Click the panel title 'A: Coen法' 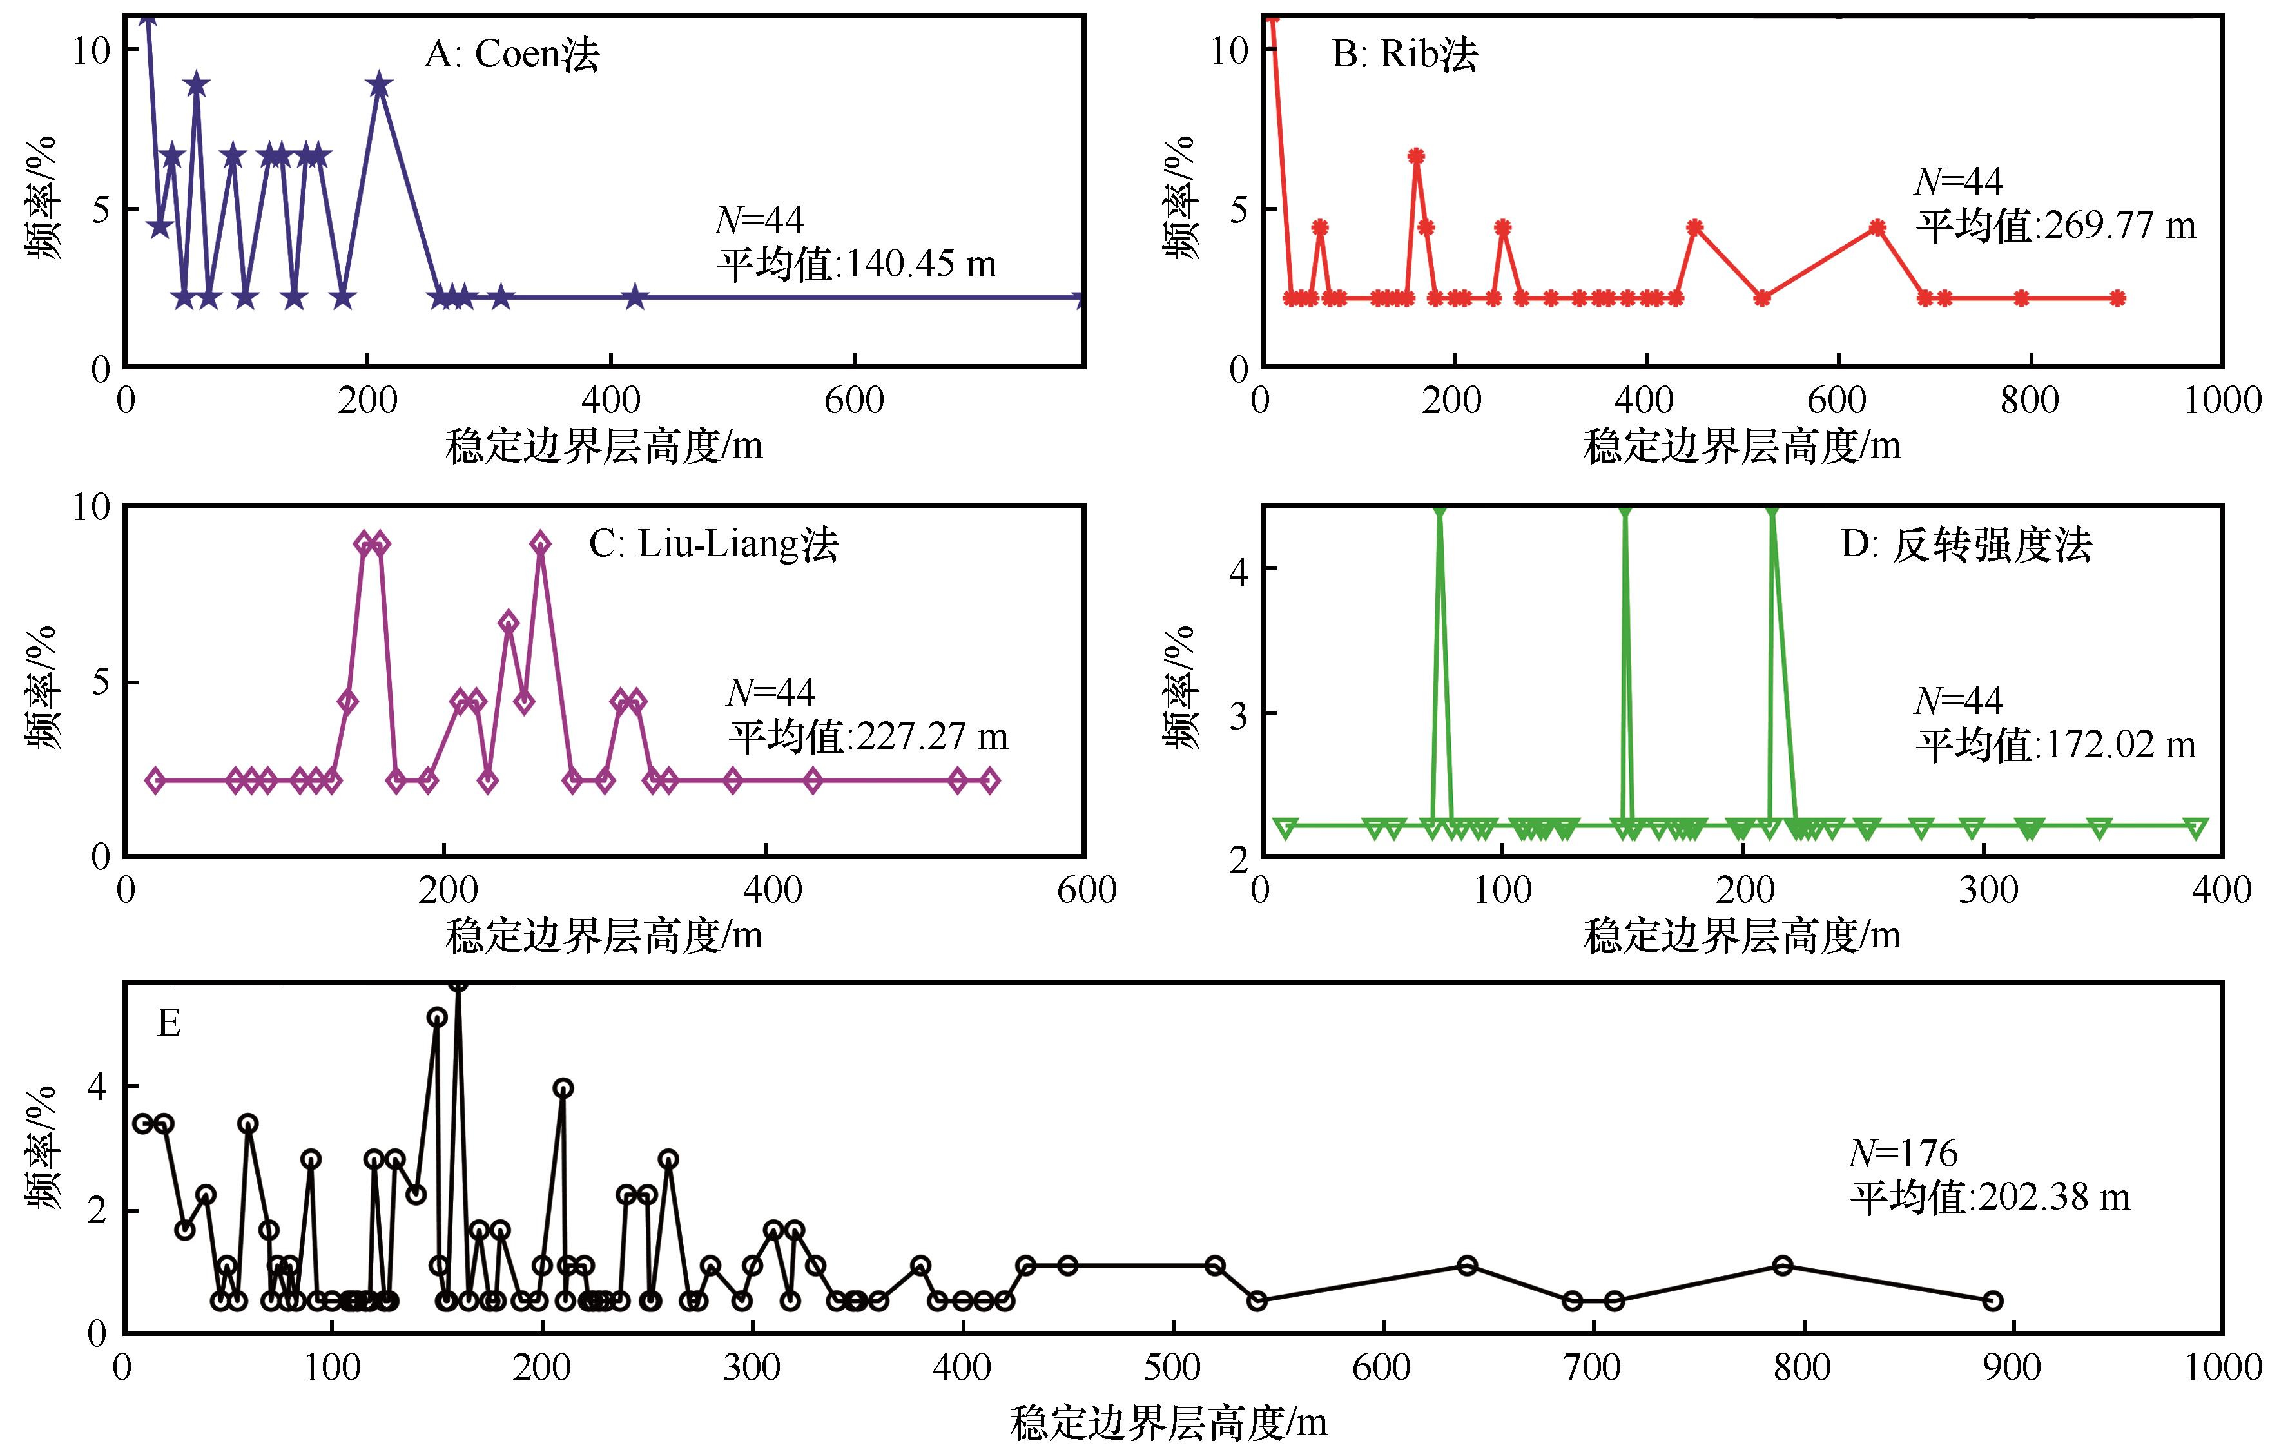pyautogui.click(x=511, y=54)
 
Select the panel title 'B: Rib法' pyautogui.click(x=1404, y=54)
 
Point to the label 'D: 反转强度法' pyautogui.click(x=1966, y=545)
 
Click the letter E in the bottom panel pyautogui.click(x=168, y=1023)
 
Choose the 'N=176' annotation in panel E pyautogui.click(x=1903, y=1153)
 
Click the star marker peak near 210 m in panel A pyautogui.click(x=380, y=85)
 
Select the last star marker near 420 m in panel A pyautogui.click(x=635, y=297)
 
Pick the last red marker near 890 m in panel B pyautogui.click(x=2117, y=298)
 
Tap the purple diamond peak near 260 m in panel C pyautogui.click(x=540, y=543)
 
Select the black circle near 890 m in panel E pyautogui.click(x=1992, y=1300)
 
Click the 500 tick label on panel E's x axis pyautogui.click(x=1174, y=1368)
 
